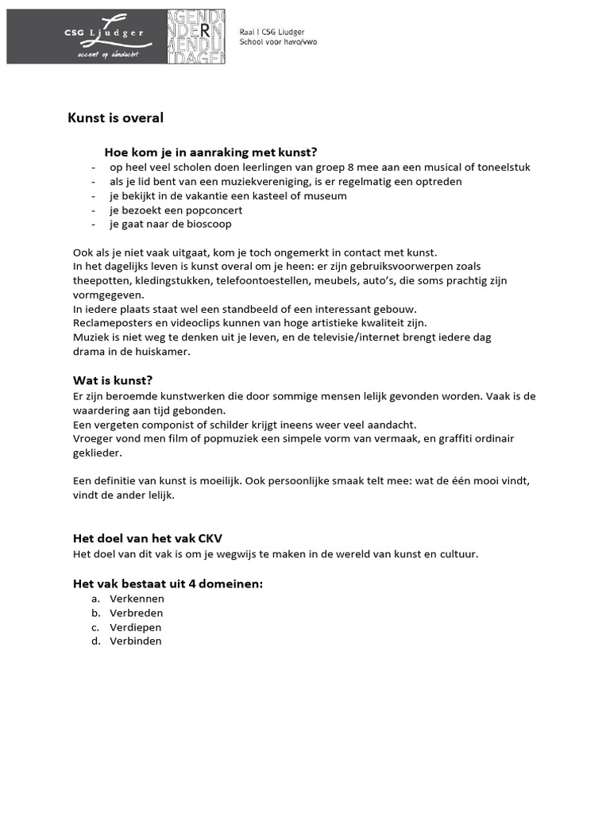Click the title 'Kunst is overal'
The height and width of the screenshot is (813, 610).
pyautogui.click(x=115, y=118)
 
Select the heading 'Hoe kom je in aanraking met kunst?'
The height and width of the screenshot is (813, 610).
pyautogui.click(x=210, y=152)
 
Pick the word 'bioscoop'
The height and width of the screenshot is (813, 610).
pyautogui.click(x=207, y=225)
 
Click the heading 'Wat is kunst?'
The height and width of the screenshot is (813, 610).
pyautogui.click(x=113, y=380)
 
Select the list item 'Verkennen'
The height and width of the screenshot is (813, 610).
pyautogui.click(x=137, y=599)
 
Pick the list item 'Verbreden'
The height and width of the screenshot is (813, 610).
pyautogui.click(x=137, y=613)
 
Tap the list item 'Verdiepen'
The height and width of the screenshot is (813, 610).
pyautogui.click(x=136, y=627)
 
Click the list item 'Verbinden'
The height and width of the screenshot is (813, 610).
pyautogui.click(x=136, y=642)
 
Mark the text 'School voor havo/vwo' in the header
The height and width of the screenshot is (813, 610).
pyautogui.click(x=278, y=41)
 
